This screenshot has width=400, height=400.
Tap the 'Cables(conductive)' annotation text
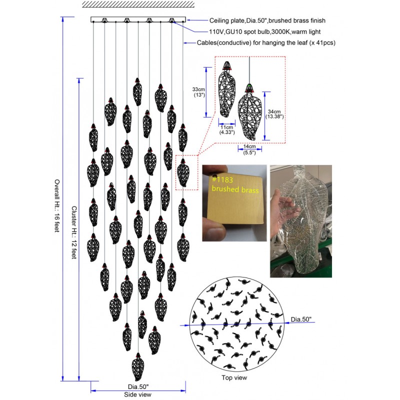224,42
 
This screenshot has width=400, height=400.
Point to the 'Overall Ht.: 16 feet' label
57,205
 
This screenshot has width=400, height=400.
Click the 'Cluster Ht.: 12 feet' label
74,232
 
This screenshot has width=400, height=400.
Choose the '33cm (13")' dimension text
198,92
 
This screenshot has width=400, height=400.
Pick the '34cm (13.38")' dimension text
274,114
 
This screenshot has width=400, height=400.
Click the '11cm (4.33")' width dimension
227,129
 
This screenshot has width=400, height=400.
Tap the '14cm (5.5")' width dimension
249,149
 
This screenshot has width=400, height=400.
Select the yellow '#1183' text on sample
222,179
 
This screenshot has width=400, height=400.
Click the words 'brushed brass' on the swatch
235,189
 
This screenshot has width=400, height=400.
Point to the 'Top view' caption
234,377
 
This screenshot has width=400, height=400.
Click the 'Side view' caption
138,394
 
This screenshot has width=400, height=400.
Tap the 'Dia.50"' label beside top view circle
301,319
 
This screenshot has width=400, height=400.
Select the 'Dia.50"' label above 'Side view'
138,386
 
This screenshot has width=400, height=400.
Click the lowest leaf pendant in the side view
138,367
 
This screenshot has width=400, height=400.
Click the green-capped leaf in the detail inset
250,112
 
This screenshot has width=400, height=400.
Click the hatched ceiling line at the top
138,4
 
